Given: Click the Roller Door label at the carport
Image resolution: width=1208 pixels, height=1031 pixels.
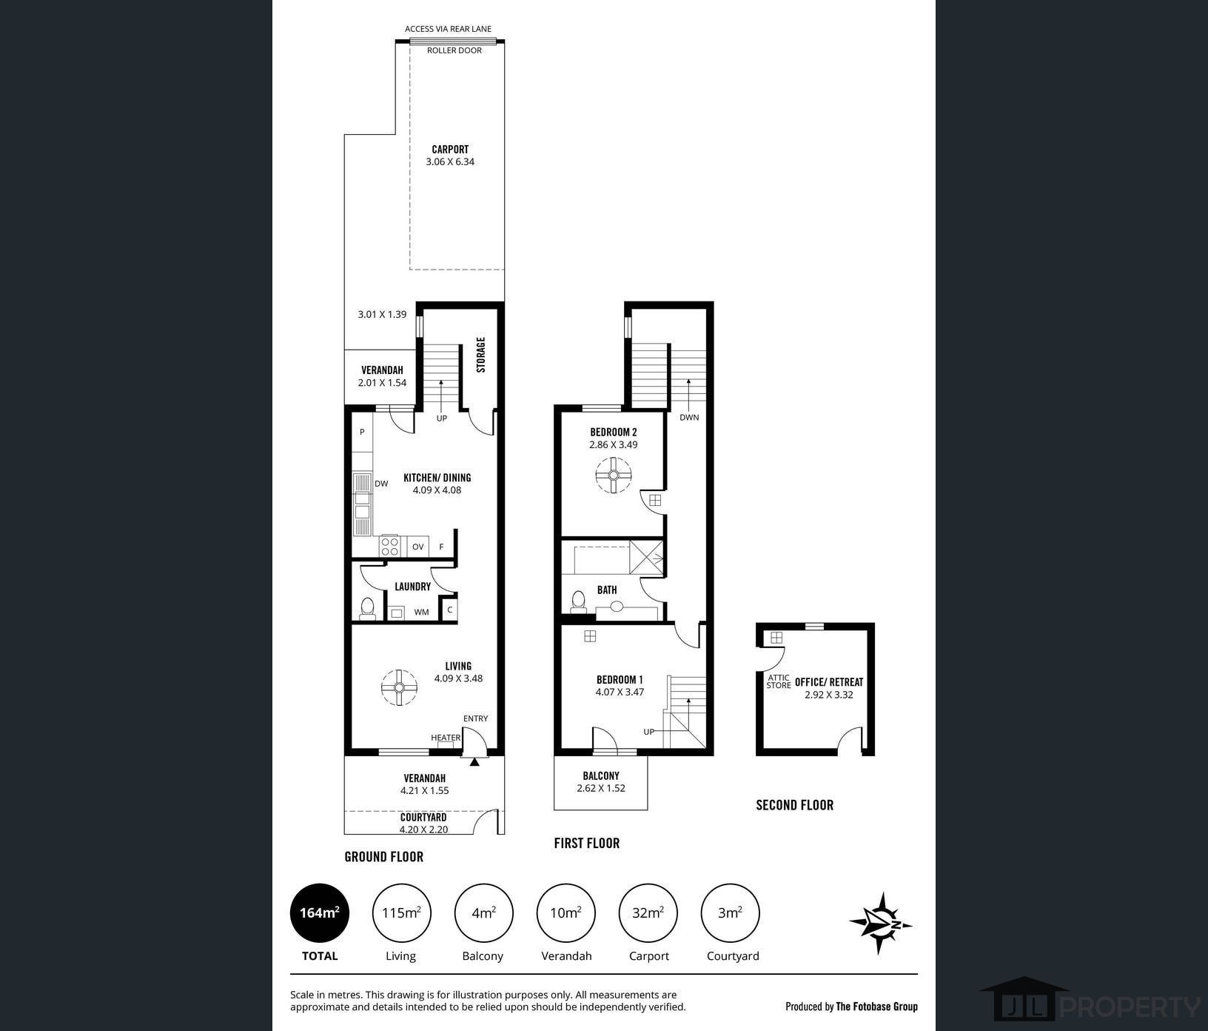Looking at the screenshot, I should (x=454, y=50).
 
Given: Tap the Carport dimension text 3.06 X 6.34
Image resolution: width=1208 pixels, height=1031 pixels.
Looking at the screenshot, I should (x=450, y=161).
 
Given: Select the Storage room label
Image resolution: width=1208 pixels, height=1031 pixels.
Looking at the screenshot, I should (x=481, y=355).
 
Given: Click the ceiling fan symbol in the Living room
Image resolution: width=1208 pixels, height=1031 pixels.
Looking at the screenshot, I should (x=399, y=688).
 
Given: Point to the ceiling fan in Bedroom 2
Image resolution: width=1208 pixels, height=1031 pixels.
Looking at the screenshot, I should (x=614, y=476).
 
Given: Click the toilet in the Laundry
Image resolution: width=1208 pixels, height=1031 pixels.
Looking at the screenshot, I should (x=367, y=608).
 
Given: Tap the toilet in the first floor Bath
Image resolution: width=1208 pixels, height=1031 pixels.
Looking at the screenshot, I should (x=578, y=601).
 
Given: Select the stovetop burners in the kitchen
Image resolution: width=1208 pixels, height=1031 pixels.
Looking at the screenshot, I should (x=389, y=547).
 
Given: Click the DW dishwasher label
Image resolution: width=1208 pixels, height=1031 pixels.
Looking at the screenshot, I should (x=381, y=484).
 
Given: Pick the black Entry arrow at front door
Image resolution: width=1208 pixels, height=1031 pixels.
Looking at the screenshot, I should (x=474, y=761).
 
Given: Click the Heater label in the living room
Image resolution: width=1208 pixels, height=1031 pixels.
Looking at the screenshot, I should (x=446, y=738).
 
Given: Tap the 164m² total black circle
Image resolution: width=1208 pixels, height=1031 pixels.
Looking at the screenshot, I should (x=319, y=912).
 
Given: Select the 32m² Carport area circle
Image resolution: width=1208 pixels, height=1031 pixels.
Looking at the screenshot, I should (x=648, y=912).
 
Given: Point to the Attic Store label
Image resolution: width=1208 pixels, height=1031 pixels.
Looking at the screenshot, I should (x=779, y=681).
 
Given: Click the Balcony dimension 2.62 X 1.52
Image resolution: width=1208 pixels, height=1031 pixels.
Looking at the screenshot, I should (x=601, y=788).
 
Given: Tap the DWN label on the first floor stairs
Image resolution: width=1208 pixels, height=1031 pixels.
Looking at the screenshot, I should (x=689, y=417).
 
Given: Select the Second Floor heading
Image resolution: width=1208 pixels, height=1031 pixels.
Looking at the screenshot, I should (x=794, y=805).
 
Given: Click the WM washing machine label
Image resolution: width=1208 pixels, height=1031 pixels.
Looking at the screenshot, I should (x=421, y=612).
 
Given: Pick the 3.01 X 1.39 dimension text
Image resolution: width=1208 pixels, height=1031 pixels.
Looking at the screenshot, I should (x=382, y=314).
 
